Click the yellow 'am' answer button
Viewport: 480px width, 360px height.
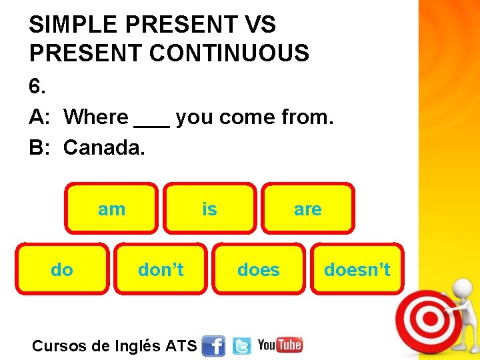(111, 209)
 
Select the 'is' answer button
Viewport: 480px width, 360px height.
(209, 209)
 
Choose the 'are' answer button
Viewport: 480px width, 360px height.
(307, 209)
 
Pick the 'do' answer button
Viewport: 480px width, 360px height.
(62, 269)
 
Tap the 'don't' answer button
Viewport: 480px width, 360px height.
(160, 269)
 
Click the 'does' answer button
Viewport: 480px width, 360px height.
(259, 269)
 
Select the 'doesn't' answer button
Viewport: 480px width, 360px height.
(357, 269)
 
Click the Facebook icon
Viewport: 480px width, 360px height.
(213, 345)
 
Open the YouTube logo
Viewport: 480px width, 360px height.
(280, 345)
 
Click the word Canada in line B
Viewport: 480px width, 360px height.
(103, 147)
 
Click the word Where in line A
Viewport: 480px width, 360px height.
(96, 117)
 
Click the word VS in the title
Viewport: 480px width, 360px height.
(260, 25)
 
